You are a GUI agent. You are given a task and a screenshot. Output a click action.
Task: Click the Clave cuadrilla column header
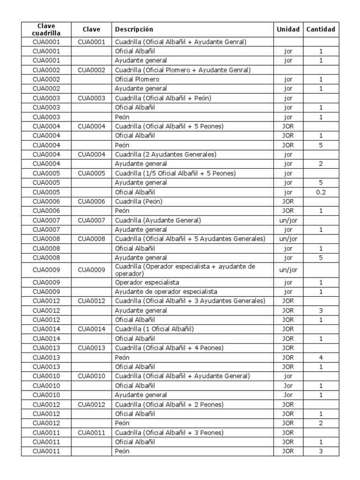click(46, 29)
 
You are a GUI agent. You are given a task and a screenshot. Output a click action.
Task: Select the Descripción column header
click(134, 30)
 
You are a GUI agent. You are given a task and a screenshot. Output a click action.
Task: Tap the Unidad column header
click(288, 30)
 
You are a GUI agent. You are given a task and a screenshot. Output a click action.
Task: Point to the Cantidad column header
click(321, 30)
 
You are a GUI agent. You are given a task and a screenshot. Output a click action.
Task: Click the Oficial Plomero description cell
click(137, 79)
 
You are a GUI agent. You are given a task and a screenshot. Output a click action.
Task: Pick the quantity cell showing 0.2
click(321, 192)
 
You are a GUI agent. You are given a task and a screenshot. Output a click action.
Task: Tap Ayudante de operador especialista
click(166, 292)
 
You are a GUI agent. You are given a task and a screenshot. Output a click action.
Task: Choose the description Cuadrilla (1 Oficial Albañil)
click(154, 329)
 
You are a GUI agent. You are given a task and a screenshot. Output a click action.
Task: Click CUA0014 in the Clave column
click(91, 329)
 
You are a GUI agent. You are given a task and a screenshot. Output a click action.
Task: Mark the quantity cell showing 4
click(321, 357)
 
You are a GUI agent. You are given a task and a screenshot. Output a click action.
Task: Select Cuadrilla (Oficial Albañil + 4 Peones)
click(169, 348)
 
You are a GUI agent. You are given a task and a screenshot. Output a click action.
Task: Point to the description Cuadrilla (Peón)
click(139, 201)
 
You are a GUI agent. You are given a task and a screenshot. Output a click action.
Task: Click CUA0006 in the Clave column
click(91, 201)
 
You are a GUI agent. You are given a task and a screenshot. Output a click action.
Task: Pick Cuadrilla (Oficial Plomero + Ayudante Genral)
click(183, 70)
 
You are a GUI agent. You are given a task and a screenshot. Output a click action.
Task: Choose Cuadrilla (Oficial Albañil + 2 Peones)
click(169, 404)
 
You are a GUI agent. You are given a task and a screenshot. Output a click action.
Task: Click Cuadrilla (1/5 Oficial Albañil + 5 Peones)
click(175, 173)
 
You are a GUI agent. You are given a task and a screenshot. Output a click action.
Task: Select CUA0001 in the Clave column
click(91, 42)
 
